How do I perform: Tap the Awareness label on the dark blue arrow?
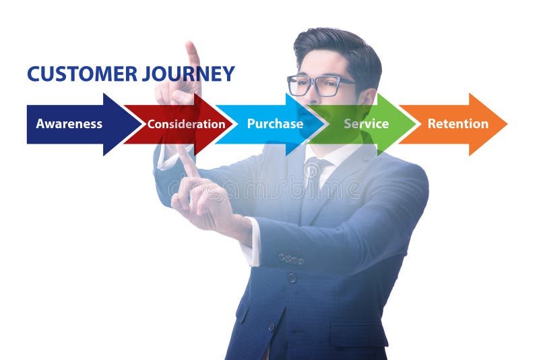pos(69,124)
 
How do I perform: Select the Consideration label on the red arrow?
pos(186,124)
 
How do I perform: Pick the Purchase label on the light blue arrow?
pos(275,123)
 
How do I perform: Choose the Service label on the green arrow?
pos(366,123)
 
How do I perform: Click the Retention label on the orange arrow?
pos(457,123)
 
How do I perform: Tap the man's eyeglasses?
pos(321,85)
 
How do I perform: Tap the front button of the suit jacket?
pos(292,277)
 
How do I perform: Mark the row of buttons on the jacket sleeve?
pos(291,259)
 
